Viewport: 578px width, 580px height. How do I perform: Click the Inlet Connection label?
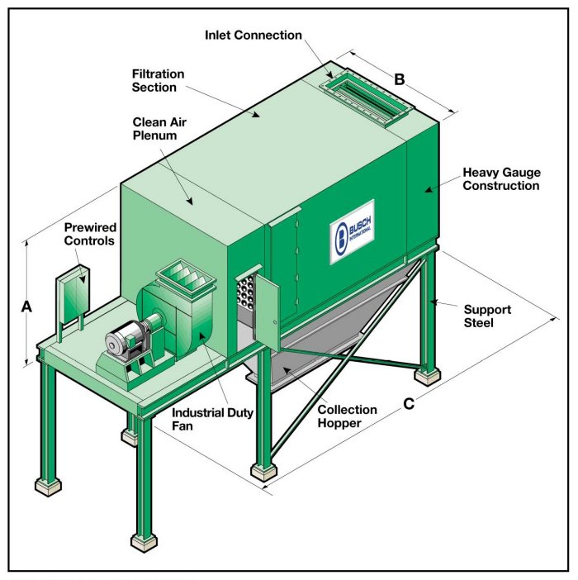tap(253, 35)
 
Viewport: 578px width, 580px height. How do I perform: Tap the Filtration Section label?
tap(159, 80)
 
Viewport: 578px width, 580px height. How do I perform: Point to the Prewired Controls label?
tap(90, 234)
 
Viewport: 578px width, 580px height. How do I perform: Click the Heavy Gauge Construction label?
tap(500, 178)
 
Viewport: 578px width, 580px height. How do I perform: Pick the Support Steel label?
tap(486, 316)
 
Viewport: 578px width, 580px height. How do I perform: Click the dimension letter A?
tap(26, 306)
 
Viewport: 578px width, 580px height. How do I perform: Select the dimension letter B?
tap(399, 79)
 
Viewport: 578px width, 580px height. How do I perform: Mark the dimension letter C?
tap(406, 406)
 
